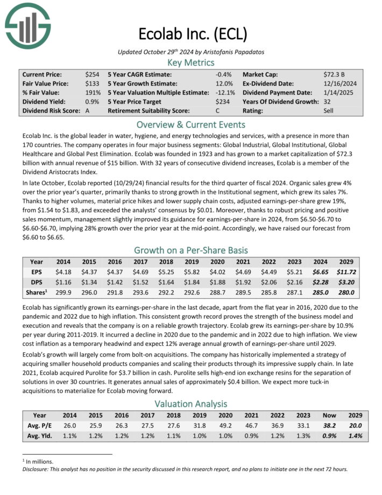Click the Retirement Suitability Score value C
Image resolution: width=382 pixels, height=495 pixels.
[x=217, y=111]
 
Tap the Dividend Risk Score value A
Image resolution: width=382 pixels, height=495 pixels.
[x=87, y=111]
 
